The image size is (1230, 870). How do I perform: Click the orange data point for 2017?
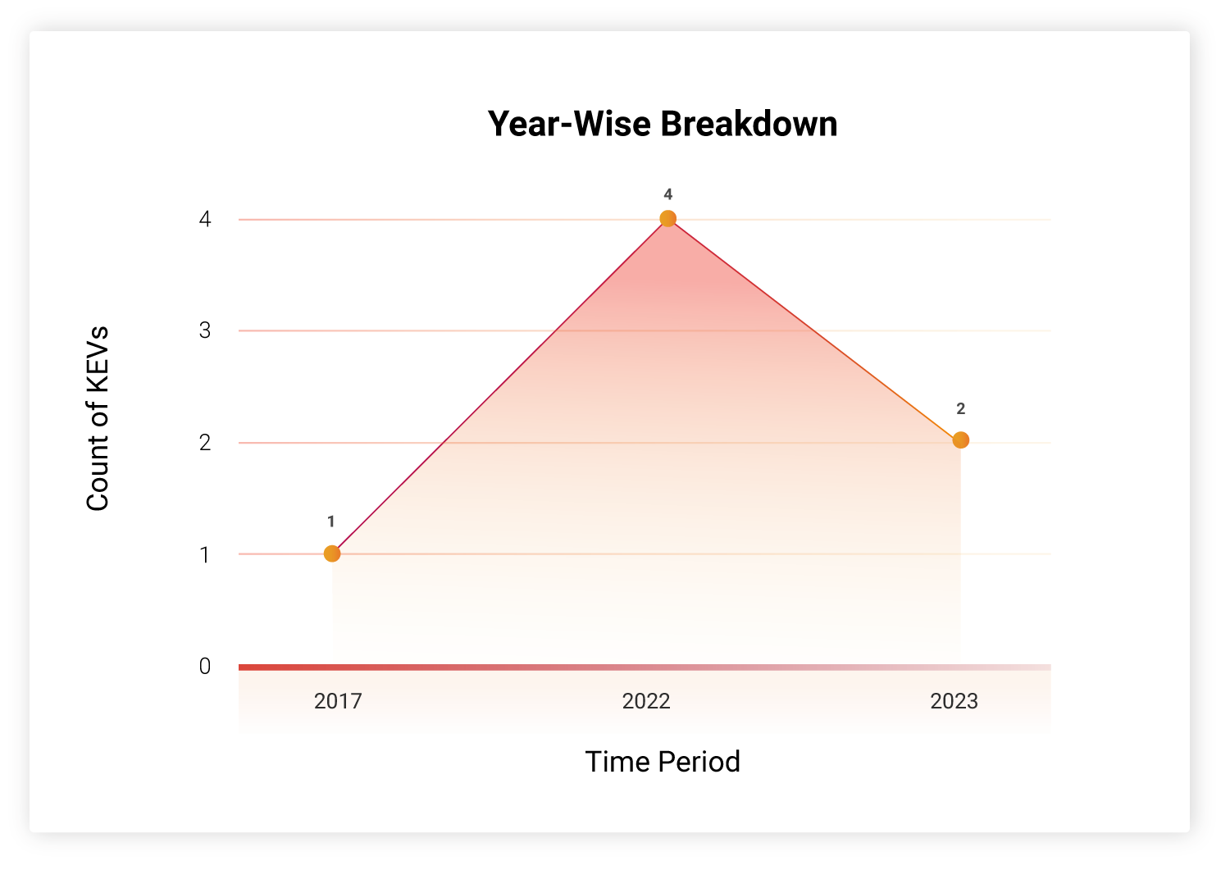coord(332,553)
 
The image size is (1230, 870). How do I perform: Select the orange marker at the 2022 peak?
coord(667,219)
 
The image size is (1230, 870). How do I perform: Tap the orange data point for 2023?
coord(960,440)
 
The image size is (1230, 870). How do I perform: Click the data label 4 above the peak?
coord(667,194)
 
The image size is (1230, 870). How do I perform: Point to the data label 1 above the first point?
coord(330,522)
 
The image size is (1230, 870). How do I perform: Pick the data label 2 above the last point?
coord(960,408)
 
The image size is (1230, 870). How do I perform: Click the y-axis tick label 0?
coord(205,666)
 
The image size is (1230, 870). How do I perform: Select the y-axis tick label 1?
coord(204,555)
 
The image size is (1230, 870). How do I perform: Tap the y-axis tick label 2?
coord(205,443)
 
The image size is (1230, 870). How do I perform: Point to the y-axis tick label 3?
coord(205,330)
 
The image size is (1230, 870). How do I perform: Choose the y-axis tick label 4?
coord(205,219)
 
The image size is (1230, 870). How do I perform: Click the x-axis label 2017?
coord(338,701)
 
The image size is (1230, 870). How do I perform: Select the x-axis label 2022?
coord(646,701)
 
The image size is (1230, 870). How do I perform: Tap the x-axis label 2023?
coord(954,701)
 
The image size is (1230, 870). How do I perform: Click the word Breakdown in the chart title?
coord(749,124)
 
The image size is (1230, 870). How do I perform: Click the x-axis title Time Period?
coord(663,762)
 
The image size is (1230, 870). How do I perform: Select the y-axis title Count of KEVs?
coord(98,418)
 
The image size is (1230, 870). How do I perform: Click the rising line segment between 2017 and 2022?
coord(499,386)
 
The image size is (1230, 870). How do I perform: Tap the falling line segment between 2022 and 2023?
coord(813,330)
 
